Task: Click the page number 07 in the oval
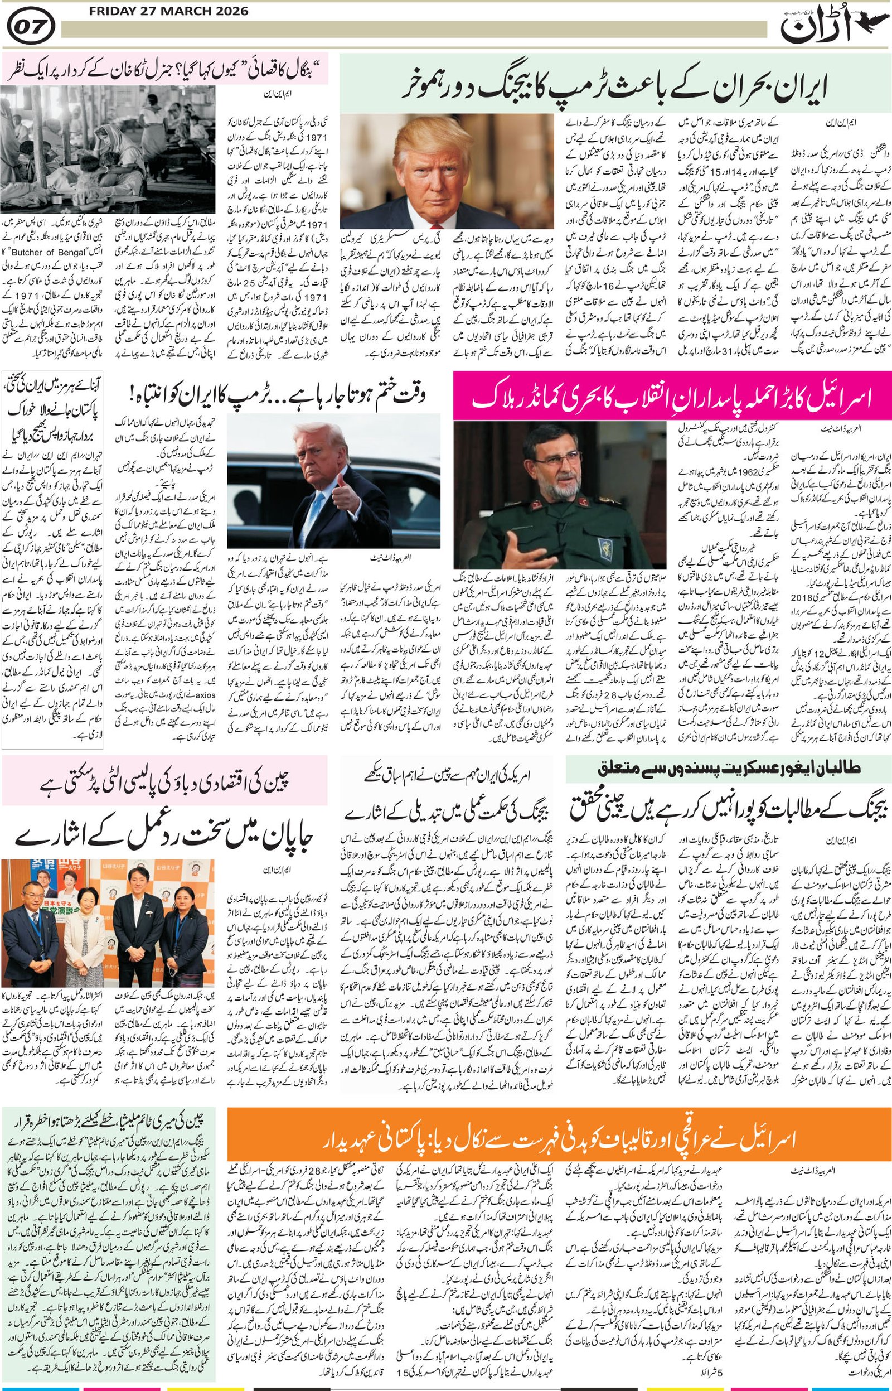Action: [x=31, y=26]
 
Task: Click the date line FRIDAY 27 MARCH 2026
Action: [x=168, y=11]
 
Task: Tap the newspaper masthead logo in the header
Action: [x=817, y=27]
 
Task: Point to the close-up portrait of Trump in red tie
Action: [x=447, y=171]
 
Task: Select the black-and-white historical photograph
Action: [x=108, y=149]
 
